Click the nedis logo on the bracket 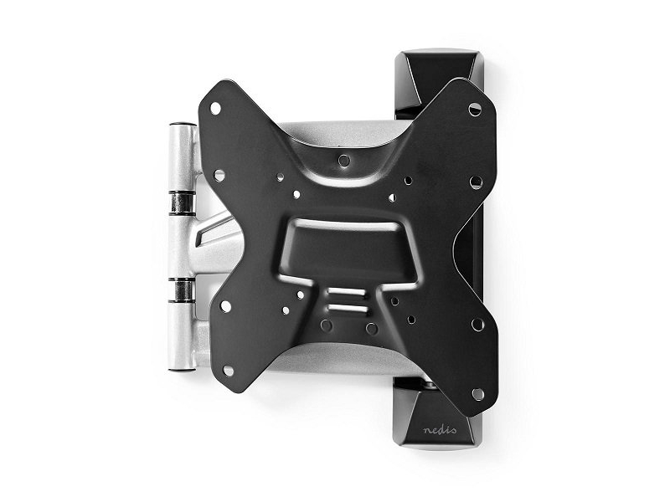[440, 429]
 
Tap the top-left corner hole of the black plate [216, 109]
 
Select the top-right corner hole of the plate [475, 110]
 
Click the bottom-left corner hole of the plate [228, 371]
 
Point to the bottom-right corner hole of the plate [477, 394]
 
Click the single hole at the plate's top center [344, 161]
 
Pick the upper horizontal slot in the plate [347, 294]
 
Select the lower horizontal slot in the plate [347, 308]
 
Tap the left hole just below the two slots [327, 325]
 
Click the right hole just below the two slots [371, 328]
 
